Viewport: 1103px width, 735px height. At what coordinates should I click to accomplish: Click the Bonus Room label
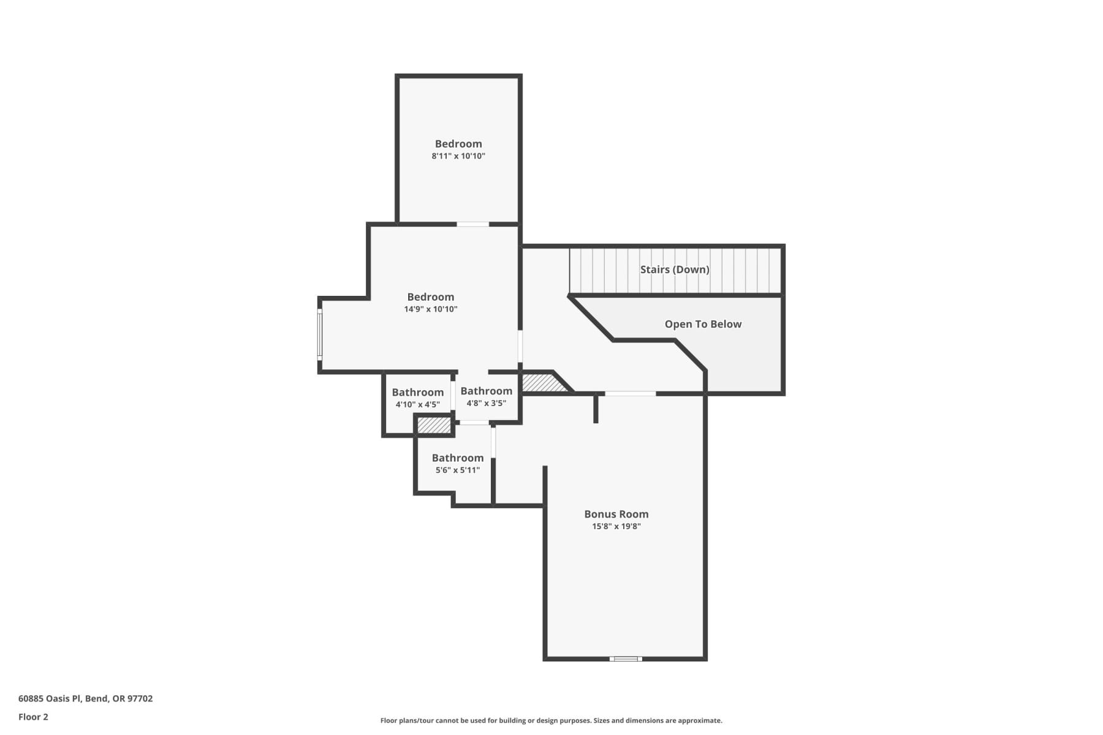coord(616,514)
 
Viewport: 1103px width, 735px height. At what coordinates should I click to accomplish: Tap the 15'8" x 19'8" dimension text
coord(616,527)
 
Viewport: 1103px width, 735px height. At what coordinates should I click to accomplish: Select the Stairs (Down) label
coord(675,269)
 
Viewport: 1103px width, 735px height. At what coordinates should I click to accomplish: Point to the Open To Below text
coord(703,325)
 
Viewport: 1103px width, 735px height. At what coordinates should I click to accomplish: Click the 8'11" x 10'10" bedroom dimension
coord(458,156)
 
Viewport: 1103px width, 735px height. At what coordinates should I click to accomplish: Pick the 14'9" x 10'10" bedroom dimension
coord(431,309)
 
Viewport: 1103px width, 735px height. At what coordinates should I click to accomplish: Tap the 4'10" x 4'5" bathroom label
coord(417,405)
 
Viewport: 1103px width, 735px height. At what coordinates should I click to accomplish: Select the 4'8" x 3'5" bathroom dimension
coord(486,404)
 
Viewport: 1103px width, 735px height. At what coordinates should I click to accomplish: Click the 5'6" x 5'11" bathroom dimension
coord(458,470)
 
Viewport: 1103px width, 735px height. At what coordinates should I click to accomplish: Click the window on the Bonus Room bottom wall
coord(626,659)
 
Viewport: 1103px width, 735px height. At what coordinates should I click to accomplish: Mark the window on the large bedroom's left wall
coord(319,334)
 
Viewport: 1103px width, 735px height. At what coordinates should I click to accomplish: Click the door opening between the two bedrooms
coord(473,224)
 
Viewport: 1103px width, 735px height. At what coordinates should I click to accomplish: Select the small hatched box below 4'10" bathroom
coord(434,425)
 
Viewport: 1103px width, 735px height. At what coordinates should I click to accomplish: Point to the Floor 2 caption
coord(33,717)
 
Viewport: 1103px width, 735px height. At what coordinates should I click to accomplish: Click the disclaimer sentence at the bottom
coord(551,721)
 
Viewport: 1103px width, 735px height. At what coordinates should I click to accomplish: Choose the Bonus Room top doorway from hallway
coord(630,394)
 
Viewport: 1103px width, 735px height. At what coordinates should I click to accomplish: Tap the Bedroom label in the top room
coord(458,144)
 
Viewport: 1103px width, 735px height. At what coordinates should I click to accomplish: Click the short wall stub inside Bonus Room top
coord(596,409)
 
